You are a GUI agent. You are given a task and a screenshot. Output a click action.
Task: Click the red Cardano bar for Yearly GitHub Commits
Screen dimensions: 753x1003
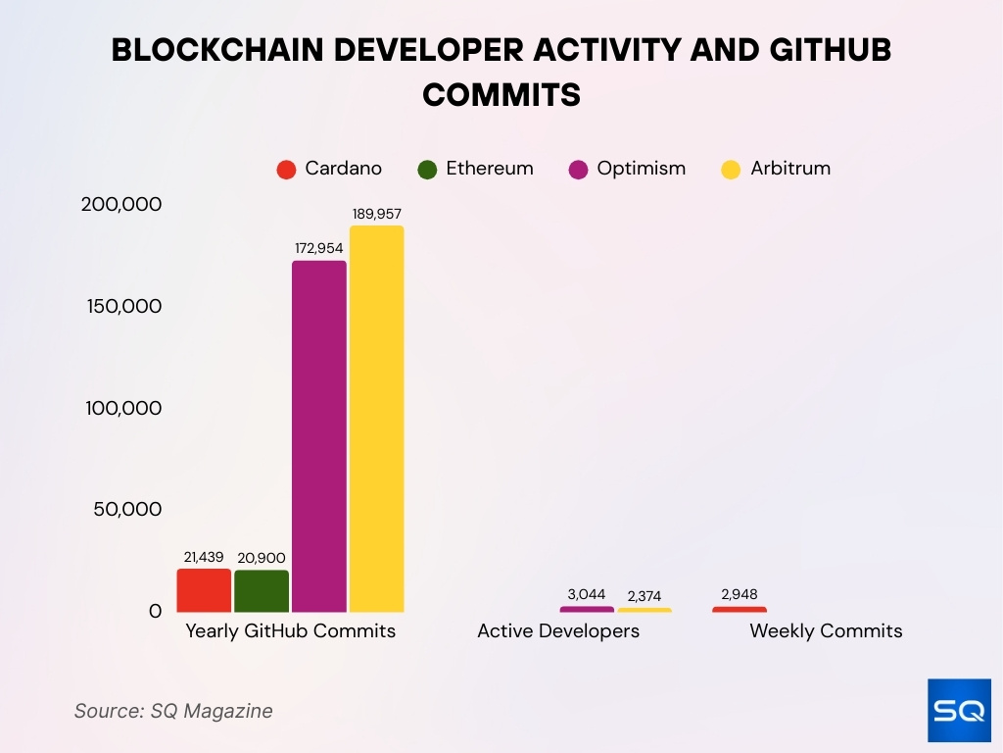pyautogui.click(x=204, y=590)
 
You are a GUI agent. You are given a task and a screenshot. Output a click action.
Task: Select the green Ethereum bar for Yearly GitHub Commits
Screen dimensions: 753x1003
pyautogui.click(x=262, y=591)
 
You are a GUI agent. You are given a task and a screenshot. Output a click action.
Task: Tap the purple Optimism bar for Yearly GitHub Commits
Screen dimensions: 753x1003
pyautogui.click(x=319, y=436)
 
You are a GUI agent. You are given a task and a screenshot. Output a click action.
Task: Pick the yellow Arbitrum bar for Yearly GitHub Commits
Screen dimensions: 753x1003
pyautogui.click(x=376, y=419)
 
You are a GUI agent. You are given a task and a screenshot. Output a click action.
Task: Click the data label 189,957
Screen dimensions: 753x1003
pyautogui.click(x=376, y=213)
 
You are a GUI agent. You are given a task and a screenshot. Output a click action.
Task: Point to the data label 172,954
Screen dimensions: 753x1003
pyautogui.click(x=319, y=248)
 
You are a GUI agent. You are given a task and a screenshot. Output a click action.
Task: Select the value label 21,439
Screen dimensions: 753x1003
pyautogui.click(x=204, y=557)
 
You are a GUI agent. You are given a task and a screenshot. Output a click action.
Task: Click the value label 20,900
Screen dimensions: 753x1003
pyautogui.click(x=262, y=558)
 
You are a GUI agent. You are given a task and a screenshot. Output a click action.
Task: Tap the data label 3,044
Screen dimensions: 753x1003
pyautogui.click(x=587, y=594)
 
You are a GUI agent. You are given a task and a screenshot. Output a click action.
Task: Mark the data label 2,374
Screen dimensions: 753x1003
pyautogui.click(x=644, y=596)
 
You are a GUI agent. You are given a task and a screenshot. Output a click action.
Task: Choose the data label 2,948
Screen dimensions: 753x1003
pyautogui.click(x=739, y=594)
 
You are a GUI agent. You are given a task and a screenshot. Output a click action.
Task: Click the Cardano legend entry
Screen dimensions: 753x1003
pyautogui.click(x=329, y=169)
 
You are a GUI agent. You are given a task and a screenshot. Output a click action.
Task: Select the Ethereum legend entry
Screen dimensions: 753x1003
pyautogui.click(x=476, y=169)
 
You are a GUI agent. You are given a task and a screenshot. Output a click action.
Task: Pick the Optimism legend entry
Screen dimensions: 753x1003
pyautogui.click(x=628, y=169)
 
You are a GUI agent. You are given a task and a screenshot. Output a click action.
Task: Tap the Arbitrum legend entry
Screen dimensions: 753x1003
pyautogui.click(x=777, y=169)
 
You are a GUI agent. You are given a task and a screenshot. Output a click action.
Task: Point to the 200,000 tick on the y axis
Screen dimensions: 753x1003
pyautogui.click(x=121, y=204)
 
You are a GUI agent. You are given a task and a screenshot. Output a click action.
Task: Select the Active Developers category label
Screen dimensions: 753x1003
pyautogui.click(x=558, y=631)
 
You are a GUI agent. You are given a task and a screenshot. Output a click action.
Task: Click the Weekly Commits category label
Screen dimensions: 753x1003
pyautogui.click(x=826, y=631)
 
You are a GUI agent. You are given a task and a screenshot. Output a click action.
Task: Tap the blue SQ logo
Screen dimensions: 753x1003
pyautogui.click(x=959, y=710)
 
